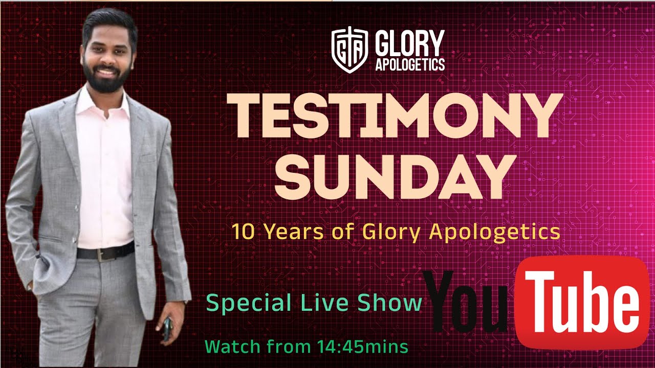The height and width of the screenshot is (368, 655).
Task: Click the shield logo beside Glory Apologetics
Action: [350, 50]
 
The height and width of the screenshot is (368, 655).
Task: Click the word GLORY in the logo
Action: [410, 43]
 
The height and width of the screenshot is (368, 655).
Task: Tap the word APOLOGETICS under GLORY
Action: [410, 64]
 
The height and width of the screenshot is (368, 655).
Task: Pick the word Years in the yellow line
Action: [294, 232]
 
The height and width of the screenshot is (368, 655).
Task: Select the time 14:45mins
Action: [363, 347]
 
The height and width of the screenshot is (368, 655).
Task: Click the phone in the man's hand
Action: [167, 329]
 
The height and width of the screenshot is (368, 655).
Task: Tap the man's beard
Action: [107, 77]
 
